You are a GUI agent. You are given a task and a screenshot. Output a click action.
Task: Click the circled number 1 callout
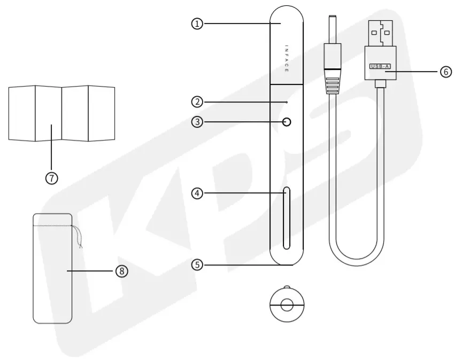(x=197, y=24)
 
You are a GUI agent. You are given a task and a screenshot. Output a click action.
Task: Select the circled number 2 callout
(x=197, y=101)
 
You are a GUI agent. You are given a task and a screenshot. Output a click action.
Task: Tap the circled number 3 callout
(x=197, y=122)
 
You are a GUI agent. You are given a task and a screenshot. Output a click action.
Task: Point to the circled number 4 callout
(x=197, y=193)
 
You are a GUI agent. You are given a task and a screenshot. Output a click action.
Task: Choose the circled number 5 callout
(x=197, y=264)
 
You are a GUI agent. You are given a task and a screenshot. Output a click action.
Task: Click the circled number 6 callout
(x=446, y=72)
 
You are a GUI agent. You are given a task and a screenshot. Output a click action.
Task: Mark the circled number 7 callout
(x=51, y=178)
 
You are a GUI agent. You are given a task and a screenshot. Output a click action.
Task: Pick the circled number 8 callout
(x=122, y=271)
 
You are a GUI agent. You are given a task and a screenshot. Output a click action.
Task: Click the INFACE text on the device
(x=287, y=59)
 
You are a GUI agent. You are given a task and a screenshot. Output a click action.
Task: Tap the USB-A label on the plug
(x=380, y=66)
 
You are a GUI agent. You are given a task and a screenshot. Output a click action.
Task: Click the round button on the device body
(x=287, y=122)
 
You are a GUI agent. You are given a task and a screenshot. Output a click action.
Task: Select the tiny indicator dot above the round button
(x=287, y=101)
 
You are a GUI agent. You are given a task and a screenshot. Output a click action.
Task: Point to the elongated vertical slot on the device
(x=287, y=218)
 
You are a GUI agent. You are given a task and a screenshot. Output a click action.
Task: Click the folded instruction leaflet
(x=61, y=113)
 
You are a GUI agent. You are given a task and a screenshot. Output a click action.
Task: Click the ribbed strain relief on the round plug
(x=333, y=83)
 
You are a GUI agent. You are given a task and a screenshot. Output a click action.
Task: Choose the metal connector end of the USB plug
(x=380, y=33)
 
